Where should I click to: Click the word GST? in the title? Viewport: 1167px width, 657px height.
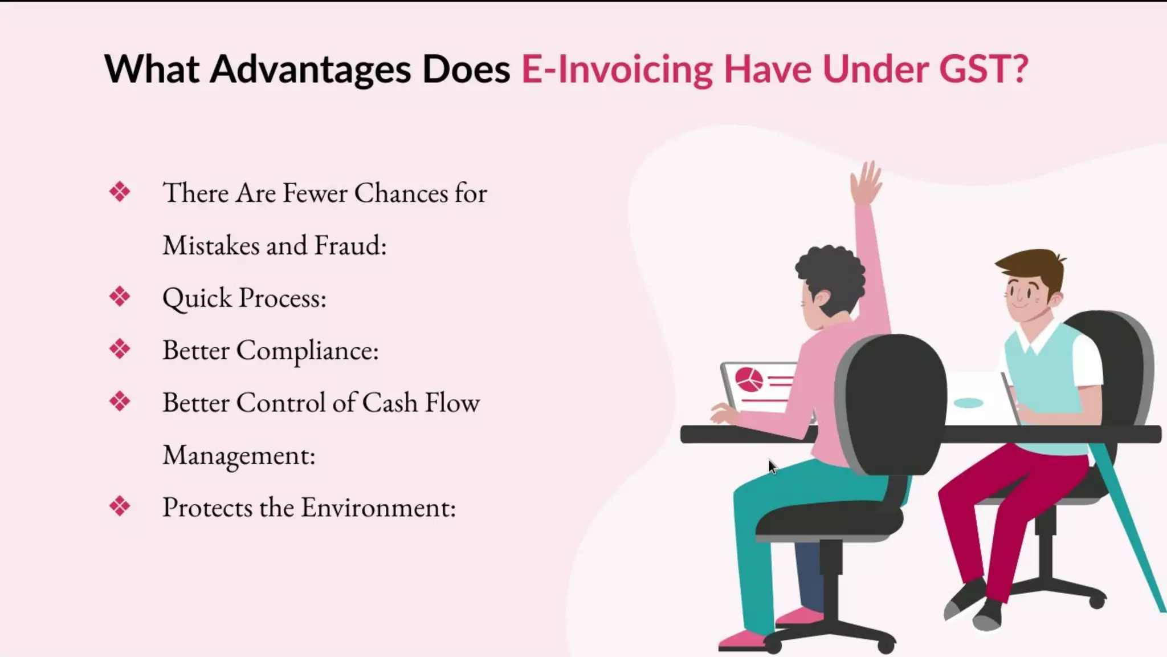[983, 70]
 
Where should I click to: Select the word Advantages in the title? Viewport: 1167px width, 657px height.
[311, 70]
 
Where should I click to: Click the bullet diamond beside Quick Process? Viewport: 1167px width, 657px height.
[120, 297]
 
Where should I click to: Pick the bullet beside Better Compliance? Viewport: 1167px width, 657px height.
[120, 349]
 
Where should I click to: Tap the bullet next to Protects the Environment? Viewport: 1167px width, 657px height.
[120, 506]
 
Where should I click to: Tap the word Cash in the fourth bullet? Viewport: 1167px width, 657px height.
[390, 402]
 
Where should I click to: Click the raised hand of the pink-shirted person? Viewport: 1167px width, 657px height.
[866, 182]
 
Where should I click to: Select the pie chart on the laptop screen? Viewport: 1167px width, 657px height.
[749, 379]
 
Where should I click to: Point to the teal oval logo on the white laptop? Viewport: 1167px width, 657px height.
[968, 403]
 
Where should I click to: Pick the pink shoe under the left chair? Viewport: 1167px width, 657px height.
[741, 639]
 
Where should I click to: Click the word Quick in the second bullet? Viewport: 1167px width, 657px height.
[197, 298]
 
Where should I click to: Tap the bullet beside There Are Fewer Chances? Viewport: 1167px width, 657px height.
[120, 192]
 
